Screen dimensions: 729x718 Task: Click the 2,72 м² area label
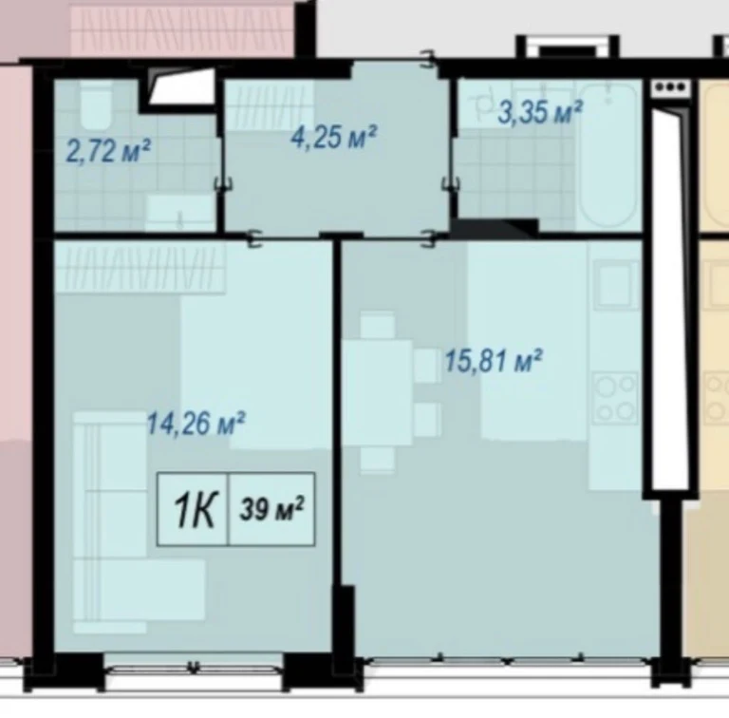point(108,151)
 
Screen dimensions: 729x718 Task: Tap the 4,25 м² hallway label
point(333,136)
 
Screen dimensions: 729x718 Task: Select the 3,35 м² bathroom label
point(539,113)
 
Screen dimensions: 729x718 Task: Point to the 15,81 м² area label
point(494,360)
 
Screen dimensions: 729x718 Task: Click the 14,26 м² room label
point(196,424)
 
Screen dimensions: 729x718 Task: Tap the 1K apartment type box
point(193,509)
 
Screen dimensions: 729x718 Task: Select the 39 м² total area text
point(272,509)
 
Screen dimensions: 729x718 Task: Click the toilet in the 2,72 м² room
point(96,107)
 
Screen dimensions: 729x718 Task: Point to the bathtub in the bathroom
point(607,156)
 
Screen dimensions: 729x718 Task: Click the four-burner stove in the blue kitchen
point(616,398)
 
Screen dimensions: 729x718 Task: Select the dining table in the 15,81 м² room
point(378,393)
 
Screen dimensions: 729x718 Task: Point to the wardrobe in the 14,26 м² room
point(140,269)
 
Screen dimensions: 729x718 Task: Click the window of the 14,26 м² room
point(195,668)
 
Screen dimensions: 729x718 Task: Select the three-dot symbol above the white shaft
point(670,87)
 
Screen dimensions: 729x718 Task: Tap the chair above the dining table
point(378,326)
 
